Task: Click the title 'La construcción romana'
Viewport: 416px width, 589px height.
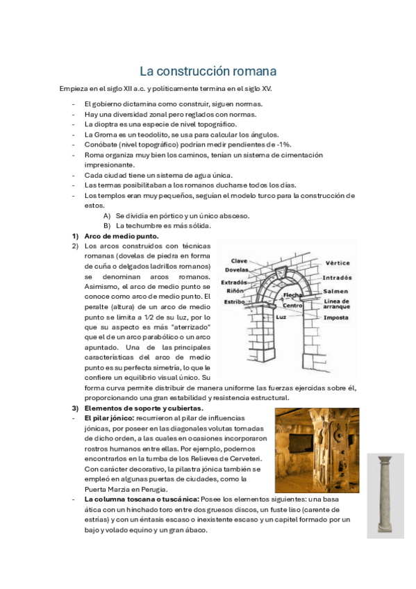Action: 208,72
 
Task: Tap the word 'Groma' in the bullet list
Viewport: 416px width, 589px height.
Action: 106,134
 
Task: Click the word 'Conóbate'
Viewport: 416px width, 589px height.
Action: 100,144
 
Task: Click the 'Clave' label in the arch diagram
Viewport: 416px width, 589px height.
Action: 239,261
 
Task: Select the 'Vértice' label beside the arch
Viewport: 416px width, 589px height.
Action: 337,263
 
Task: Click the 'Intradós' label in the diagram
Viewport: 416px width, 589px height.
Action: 338,278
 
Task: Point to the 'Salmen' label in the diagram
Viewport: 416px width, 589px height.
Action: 335,291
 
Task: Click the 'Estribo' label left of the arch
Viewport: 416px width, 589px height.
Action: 234,302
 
